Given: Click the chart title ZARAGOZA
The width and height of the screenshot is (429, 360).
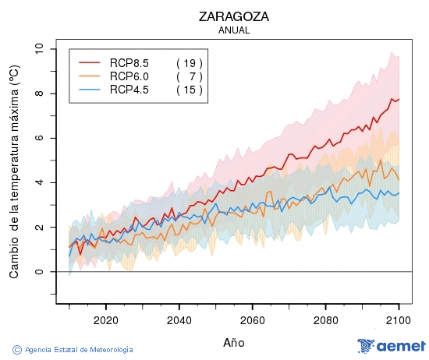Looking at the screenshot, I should [234, 16].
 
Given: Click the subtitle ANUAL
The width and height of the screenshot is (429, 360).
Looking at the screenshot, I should [234, 30].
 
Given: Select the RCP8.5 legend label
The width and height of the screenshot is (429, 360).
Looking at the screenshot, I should [129, 62].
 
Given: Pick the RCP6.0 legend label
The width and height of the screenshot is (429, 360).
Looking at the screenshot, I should [129, 76].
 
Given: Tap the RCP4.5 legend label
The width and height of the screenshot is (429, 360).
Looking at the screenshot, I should [129, 90].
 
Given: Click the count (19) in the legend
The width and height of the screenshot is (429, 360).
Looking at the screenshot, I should [189, 62].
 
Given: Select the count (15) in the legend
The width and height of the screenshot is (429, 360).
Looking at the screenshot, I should [189, 90].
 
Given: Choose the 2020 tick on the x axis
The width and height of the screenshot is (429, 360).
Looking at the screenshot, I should [105, 319].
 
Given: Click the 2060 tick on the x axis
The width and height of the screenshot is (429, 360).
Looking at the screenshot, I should [252, 319].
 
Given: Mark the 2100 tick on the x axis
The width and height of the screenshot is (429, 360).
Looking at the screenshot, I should [399, 319].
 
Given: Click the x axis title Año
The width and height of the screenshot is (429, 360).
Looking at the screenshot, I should [234, 342].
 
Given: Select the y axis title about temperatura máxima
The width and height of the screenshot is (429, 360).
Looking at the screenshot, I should [14, 172].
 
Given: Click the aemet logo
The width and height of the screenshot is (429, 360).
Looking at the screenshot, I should [392, 346].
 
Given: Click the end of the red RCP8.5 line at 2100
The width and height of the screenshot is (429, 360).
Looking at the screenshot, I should [399, 99].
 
